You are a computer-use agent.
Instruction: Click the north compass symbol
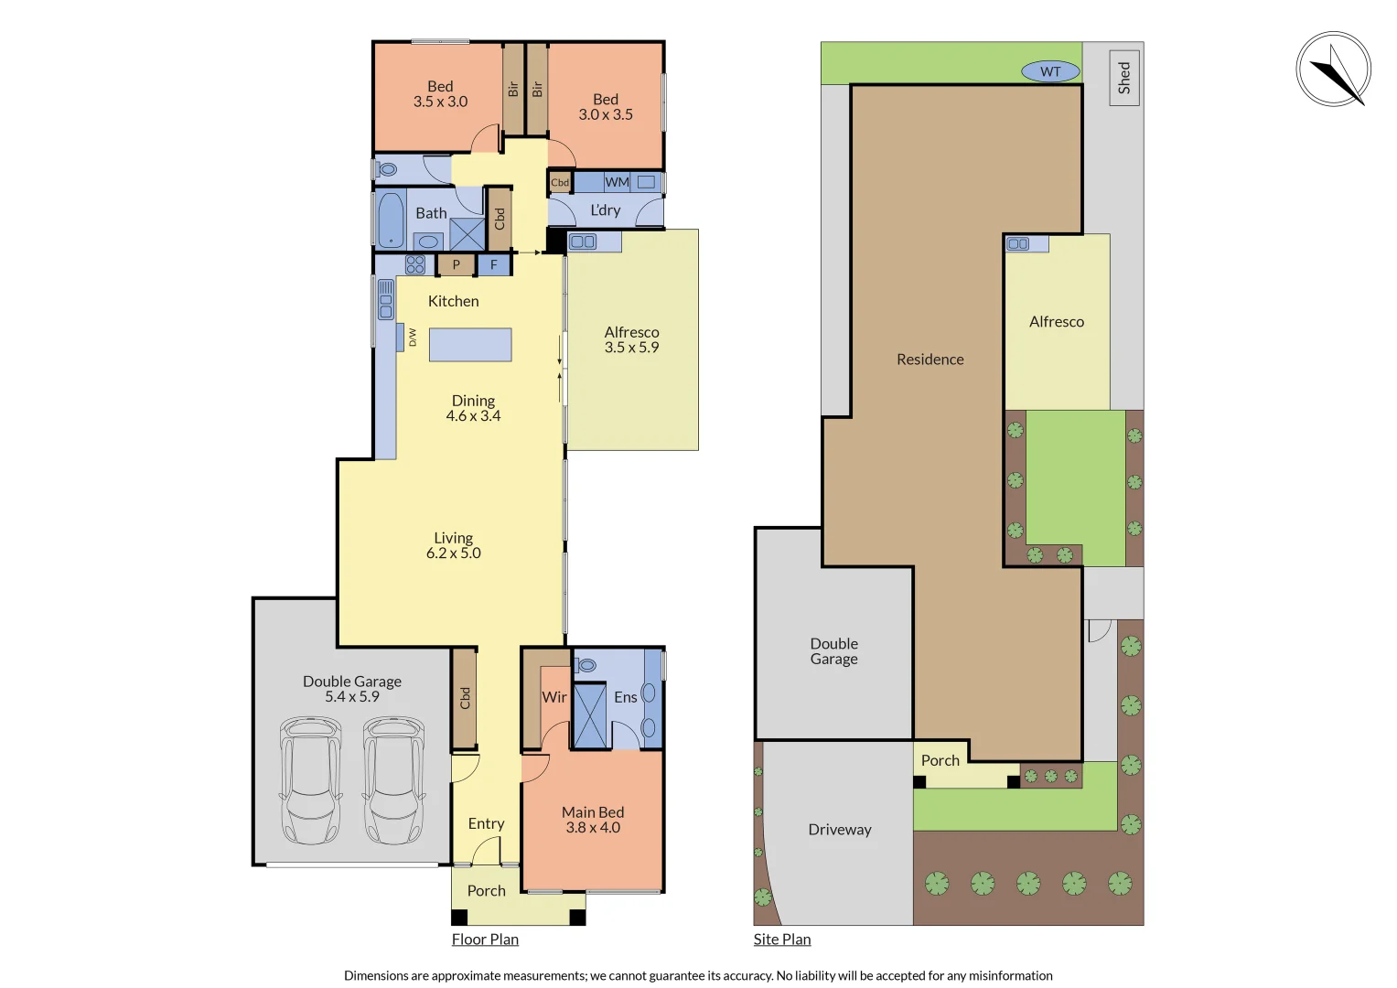coord(1333,70)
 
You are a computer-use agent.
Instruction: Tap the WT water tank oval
coord(1050,71)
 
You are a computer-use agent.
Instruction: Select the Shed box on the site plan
coord(1123,78)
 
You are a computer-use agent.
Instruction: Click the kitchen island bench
coord(470,345)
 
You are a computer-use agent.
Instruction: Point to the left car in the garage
coord(311,780)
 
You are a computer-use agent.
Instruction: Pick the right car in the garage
coord(393,780)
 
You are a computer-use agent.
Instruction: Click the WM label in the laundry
coord(617,182)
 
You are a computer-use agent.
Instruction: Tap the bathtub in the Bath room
coord(391,220)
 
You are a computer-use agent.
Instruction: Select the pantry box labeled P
coord(456,265)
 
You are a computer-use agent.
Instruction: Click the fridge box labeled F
coord(494,265)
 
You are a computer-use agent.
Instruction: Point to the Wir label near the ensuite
coord(554,697)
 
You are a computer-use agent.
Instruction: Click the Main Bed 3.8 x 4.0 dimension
coord(593,828)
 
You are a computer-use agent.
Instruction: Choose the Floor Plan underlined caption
coord(485,940)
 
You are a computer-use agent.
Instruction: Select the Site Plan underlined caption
coord(782,940)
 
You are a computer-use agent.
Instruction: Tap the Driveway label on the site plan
coord(840,830)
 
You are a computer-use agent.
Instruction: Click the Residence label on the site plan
coord(930,360)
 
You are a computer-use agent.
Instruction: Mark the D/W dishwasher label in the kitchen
coord(412,337)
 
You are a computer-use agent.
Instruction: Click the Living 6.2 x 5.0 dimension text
coord(454,553)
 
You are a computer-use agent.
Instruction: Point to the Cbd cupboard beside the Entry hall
coord(465,698)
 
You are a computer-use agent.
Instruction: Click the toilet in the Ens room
coord(586,665)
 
